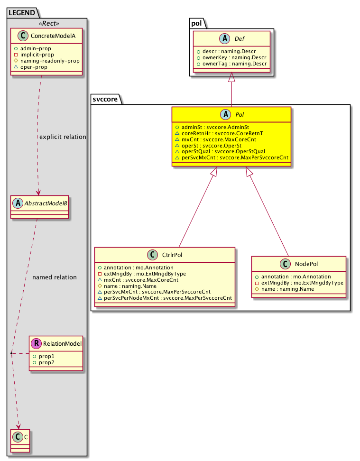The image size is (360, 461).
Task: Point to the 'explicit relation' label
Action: (x=63, y=137)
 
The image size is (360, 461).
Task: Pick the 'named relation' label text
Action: (x=54, y=277)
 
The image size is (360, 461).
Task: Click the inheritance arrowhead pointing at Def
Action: (x=232, y=77)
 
